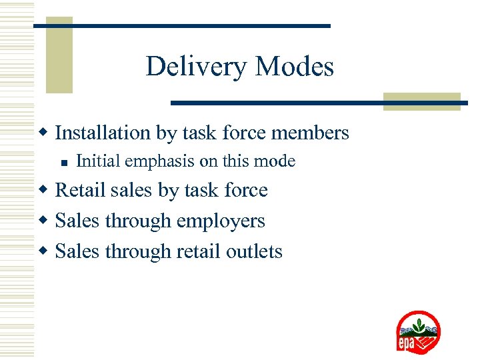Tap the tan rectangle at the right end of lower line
coord(421,101)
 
